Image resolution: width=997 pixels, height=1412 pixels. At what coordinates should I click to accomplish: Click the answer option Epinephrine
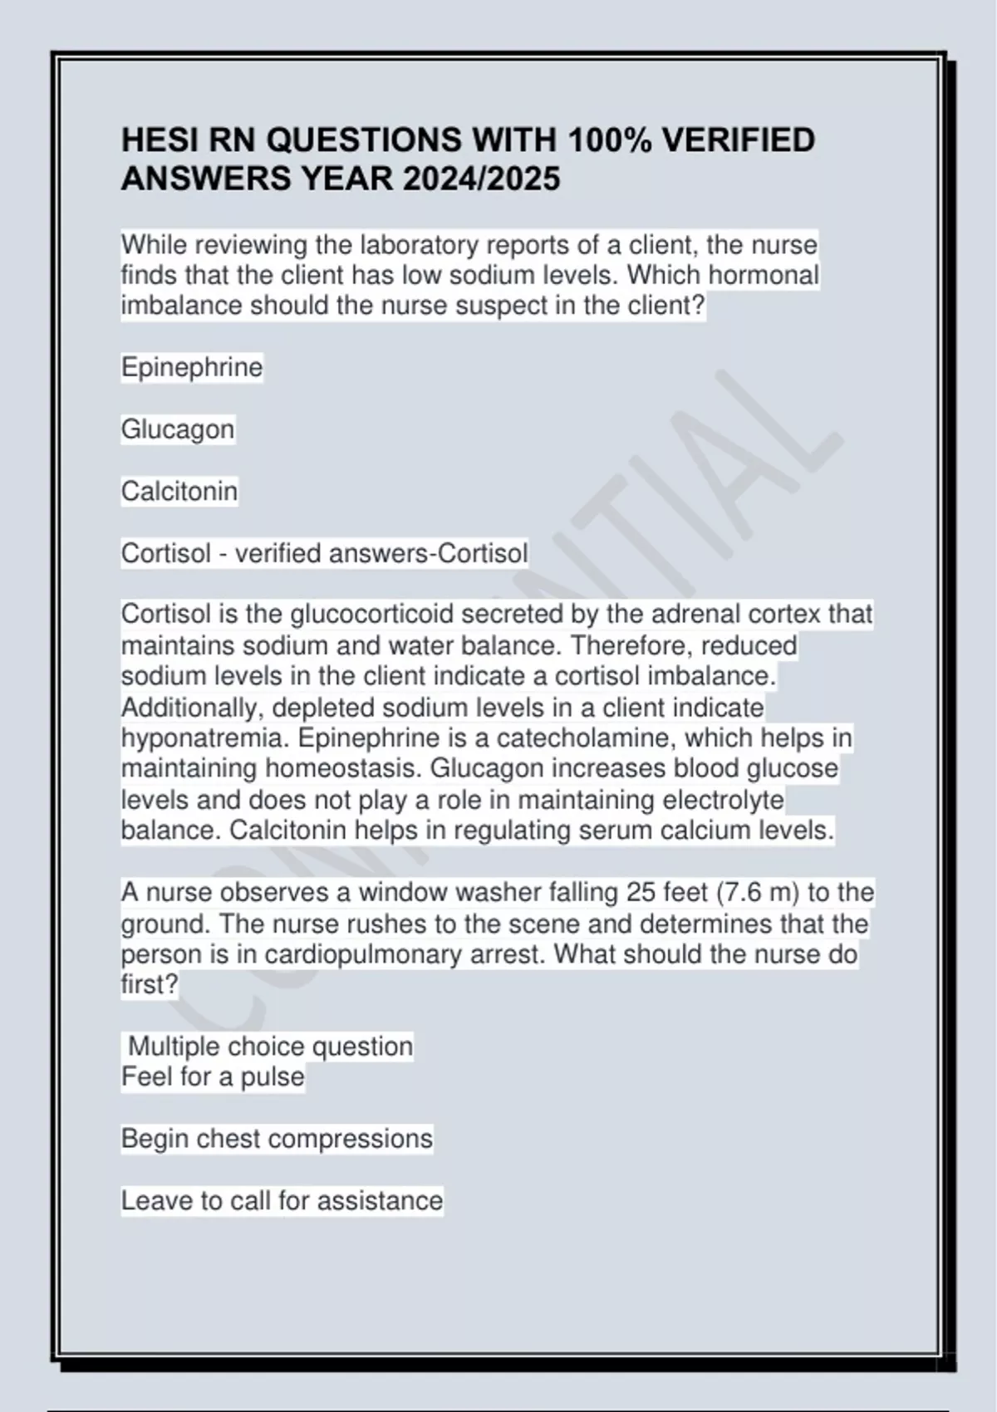click(x=192, y=367)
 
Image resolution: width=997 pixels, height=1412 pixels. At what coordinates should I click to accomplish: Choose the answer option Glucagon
click(x=178, y=429)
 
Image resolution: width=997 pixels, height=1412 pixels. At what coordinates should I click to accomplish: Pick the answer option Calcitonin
click(x=179, y=491)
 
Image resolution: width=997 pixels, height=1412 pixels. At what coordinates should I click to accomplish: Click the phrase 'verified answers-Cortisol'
click(x=381, y=553)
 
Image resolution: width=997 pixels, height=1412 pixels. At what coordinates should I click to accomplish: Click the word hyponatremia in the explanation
click(x=205, y=738)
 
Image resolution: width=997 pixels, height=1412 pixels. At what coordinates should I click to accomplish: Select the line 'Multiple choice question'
click(x=270, y=1046)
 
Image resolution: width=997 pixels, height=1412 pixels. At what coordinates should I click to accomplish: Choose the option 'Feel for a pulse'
click(x=213, y=1076)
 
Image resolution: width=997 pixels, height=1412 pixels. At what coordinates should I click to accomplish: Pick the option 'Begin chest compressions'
click(x=277, y=1138)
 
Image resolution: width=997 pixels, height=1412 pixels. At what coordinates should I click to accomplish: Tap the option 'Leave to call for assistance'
click(x=282, y=1200)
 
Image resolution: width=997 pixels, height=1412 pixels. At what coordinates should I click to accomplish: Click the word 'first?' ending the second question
click(x=150, y=984)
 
